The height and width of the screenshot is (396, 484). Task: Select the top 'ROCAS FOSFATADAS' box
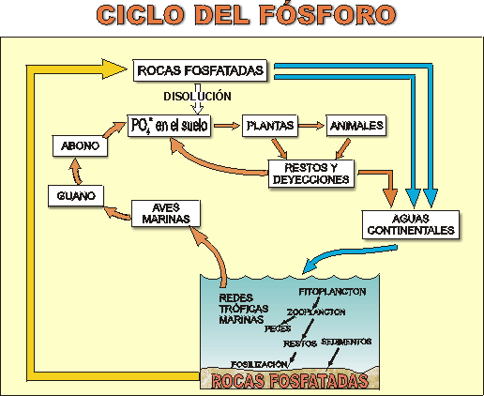[x=200, y=70]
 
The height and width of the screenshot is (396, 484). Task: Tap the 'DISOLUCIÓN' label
[x=196, y=95]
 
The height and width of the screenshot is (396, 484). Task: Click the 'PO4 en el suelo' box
[x=170, y=125]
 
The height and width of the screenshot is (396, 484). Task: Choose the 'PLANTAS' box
[x=269, y=125]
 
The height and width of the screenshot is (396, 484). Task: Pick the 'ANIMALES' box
[x=355, y=125]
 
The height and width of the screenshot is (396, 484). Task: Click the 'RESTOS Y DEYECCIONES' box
[x=310, y=173]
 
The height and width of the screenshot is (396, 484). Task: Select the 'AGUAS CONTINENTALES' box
[x=410, y=222]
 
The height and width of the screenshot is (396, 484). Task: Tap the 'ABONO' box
[x=79, y=147]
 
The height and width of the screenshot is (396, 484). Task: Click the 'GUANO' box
[x=75, y=195]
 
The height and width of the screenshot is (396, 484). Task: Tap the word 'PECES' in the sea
[x=278, y=328]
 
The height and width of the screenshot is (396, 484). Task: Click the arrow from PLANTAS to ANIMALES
[x=311, y=125]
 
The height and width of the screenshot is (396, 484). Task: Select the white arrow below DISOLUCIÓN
[x=197, y=108]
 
